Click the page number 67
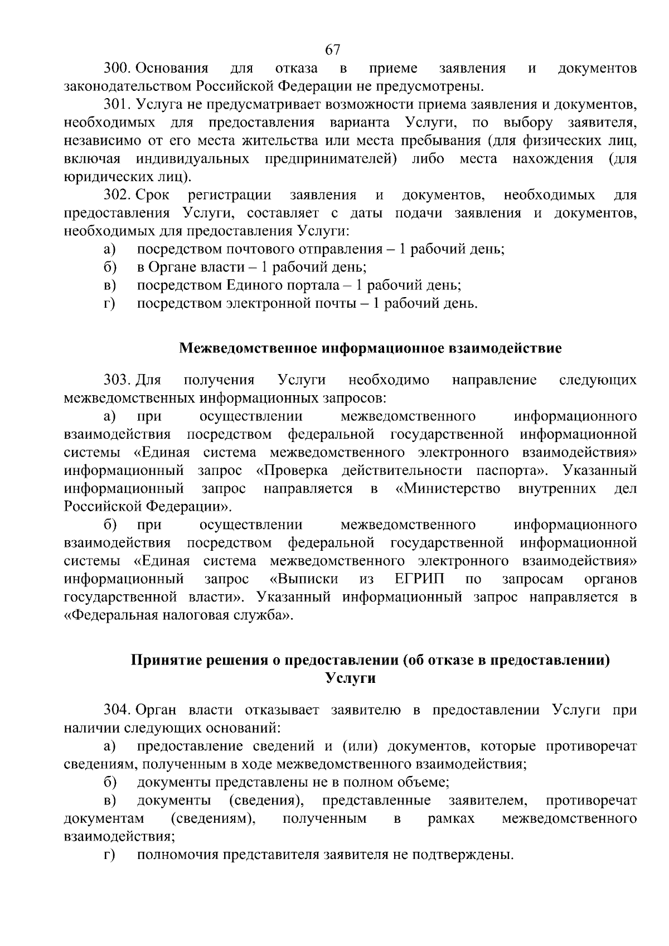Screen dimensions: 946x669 (332, 50)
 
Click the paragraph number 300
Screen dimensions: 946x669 (117, 69)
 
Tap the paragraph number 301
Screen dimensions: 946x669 (116, 105)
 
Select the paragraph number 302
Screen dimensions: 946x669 (117, 195)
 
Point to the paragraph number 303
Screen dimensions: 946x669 (117, 380)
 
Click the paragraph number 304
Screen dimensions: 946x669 (117, 710)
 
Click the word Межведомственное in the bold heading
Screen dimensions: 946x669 (249, 349)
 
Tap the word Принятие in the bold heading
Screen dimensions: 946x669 (164, 661)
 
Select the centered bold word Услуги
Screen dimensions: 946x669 (350, 679)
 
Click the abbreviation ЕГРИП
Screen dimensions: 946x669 (419, 579)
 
